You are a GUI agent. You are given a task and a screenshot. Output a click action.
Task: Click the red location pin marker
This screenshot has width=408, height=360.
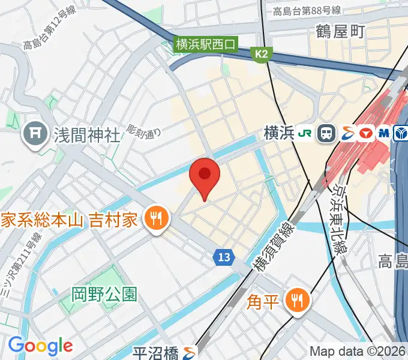pyautogui.click(x=205, y=175)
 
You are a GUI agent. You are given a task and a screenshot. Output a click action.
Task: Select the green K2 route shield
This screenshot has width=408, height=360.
pyautogui.click(x=261, y=55)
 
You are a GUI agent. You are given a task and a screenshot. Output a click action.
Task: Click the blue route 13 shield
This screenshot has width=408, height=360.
pyautogui.click(x=223, y=257)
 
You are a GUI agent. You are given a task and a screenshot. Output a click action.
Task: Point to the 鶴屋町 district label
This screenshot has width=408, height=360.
pyautogui.click(x=340, y=32)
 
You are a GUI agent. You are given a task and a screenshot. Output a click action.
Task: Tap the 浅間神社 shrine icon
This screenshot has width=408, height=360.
pyautogui.click(x=35, y=133)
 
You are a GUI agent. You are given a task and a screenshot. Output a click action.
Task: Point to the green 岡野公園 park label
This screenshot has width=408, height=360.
pyautogui.click(x=104, y=294)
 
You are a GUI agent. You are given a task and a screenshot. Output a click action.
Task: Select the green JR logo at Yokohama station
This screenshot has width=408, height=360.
pyautogui.click(x=305, y=133)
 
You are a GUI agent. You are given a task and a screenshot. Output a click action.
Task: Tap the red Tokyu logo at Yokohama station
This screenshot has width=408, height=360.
pyautogui.click(x=365, y=133)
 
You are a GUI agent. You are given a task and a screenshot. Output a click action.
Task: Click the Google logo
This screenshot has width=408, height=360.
pyautogui.click(x=40, y=345)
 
